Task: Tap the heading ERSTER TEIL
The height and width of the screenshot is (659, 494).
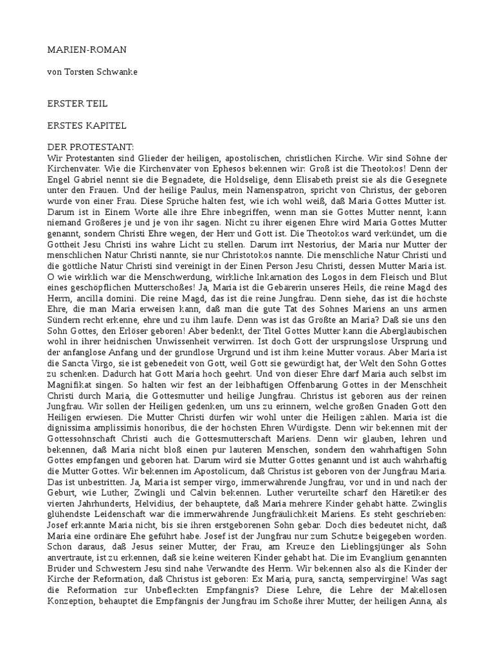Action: (x=78, y=103)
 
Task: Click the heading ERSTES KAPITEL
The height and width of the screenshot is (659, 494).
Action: (x=87, y=125)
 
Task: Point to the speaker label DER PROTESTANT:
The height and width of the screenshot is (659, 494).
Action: (x=91, y=148)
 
